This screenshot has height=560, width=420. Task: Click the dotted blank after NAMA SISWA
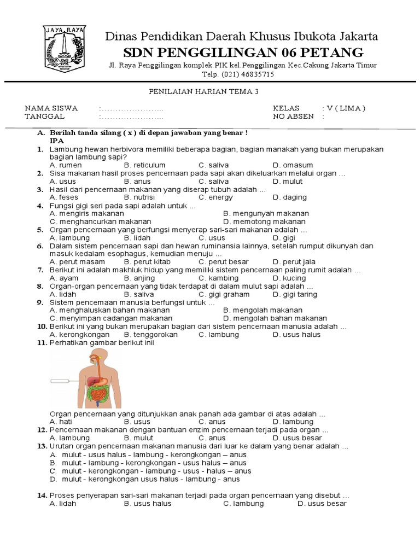pos(131,108)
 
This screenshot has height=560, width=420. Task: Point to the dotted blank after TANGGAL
pos(131,116)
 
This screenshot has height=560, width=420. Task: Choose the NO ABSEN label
pos(293,116)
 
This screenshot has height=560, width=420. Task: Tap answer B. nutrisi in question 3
pos(139,197)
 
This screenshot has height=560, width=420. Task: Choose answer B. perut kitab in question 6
pos(143,262)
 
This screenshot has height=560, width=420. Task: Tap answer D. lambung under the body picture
pos(293,422)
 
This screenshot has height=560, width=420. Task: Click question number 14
pos(41,495)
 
